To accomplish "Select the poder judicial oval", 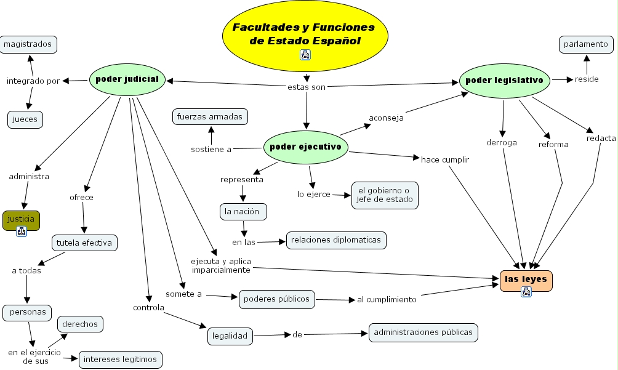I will pyautogui.click(x=127, y=79).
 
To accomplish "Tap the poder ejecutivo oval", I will pyautogui.click(x=305, y=147).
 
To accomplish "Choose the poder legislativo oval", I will pyautogui.click(x=504, y=80).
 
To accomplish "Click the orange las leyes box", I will pyautogui.click(x=526, y=280).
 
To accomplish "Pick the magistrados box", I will pyautogui.click(x=29, y=44).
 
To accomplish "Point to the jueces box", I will pyautogui.click(x=25, y=119).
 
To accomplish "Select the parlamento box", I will pyautogui.click(x=586, y=44).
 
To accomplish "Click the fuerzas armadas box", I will pyautogui.click(x=210, y=116).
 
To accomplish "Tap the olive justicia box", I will pyautogui.click(x=21, y=219).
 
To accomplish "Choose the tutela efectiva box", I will pyautogui.click(x=84, y=243).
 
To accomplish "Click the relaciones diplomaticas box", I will pyautogui.click(x=336, y=240).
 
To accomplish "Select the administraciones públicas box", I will pyautogui.click(x=423, y=332).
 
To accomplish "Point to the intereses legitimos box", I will pyautogui.click(x=120, y=359).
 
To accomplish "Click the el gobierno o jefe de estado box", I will pyautogui.click(x=385, y=195).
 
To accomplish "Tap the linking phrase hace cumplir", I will pyautogui.click(x=444, y=159).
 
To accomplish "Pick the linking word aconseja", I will pyautogui.click(x=386, y=118).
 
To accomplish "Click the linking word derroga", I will pyautogui.click(x=501, y=142).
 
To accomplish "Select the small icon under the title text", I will pyautogui.click(x=305, y=55).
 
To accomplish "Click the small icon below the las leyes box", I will pyautogui.click(x=526, y=291).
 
